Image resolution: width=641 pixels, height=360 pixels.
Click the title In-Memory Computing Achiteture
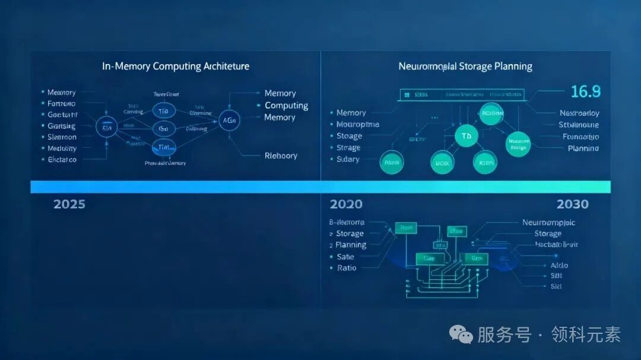click(176, 66)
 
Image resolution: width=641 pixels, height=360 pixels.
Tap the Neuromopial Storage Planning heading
click(465, 66)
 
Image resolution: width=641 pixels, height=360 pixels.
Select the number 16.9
click(585, 91)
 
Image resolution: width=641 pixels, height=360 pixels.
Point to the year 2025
click(69, 204)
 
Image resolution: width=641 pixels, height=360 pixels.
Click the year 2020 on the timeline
click(346, 204)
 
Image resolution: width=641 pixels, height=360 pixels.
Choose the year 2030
click(572, 204)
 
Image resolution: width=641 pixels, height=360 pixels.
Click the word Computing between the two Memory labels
click(286, 106)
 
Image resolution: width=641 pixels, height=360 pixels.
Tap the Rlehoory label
click(281, 156)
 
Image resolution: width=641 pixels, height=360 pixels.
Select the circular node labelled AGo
click(229, 120)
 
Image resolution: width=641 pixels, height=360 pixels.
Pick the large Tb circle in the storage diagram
click(466, 136)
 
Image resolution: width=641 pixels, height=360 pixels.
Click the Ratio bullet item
click(347, 268)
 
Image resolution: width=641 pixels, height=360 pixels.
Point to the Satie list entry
click(345, 257)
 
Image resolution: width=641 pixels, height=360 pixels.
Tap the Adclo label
click(559, 266)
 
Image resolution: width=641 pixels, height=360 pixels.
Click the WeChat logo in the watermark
click(461, 335)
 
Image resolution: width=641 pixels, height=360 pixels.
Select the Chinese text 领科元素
click(586, 335)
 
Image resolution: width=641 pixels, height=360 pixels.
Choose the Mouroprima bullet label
click(357, 125)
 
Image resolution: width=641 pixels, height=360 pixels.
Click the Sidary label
click(348, 160)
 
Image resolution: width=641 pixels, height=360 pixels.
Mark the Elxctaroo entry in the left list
click(62, 160)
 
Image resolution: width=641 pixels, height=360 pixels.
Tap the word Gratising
click(61, 126)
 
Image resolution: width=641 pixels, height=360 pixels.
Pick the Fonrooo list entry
click(61, 103)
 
